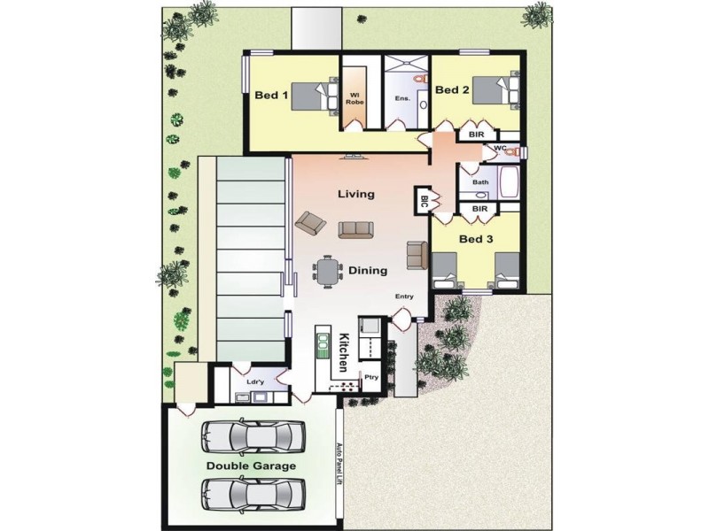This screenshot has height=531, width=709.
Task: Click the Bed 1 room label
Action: [x=271, y=95]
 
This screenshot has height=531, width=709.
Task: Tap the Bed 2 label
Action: [x=452, y=89]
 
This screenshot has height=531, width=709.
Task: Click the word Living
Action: [x=356, y=194]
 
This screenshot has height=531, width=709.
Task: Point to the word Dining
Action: [x=367, y=271]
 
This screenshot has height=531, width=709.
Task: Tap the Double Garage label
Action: [x=252, y=466]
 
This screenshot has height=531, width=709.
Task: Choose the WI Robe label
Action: [x=355, y=97]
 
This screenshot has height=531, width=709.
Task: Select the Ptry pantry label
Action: [x=371, y=378]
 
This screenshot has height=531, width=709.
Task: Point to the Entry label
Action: [x=404, y=297]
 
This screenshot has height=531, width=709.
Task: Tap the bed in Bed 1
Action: [x=314, y=95]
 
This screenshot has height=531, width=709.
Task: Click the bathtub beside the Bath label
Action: [x=510, y=184]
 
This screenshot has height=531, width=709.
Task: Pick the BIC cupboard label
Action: [x=425, y=201]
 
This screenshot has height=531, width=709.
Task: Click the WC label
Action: [x=500, y=148]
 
